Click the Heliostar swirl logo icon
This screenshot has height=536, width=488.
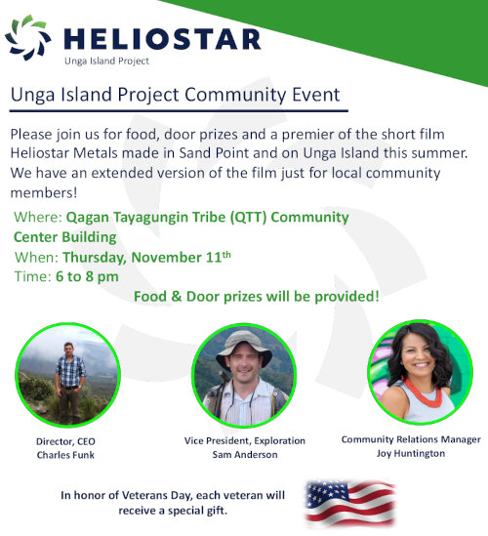tap(28, 38)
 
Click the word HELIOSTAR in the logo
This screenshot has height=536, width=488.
tap(163, 39)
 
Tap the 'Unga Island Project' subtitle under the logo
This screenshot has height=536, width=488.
tap(107, 62)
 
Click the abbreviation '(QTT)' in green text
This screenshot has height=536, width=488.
tap(248, 218)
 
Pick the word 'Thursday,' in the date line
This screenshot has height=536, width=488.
tap(95, 258)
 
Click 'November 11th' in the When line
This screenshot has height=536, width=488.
tap(182, 257)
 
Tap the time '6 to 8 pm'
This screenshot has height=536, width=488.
tap(87, 276)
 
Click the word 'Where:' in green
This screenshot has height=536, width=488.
tap(38, 217)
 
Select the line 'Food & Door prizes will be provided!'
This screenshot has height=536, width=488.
tap(257, 297)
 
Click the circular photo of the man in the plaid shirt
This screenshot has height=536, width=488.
tap(67, 375)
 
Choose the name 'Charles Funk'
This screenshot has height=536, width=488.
tap(65, 455)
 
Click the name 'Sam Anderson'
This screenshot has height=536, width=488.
tap(245, 455)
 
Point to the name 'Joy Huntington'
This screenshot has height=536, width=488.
tap(411, 454)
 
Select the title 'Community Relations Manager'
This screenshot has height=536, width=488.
tap(411, 439)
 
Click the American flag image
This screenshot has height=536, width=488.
tap(350, 503)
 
